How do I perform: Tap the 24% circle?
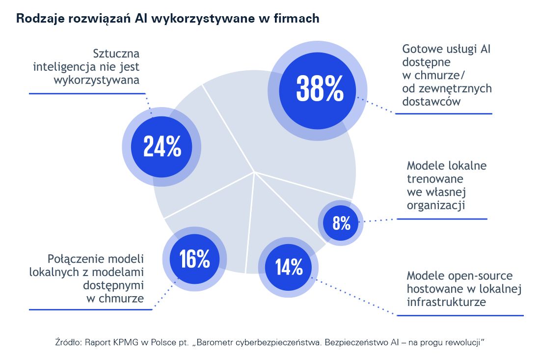click(x=162, y=146)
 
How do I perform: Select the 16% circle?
click(x=194, y=259)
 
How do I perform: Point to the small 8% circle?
click(x=341, y=223)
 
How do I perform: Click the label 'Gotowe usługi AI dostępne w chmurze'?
click(x=446, y=75)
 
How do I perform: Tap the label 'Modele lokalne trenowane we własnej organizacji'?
click(x=446, y=185)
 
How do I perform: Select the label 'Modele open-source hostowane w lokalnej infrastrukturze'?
click(x=463, y=288)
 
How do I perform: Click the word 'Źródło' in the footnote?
click(x=67, y=341)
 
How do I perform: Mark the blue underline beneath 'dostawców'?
click(x=443, y=113)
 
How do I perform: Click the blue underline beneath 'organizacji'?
click(x=442, y=219)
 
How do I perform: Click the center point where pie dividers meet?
click(x=254, y=172)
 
